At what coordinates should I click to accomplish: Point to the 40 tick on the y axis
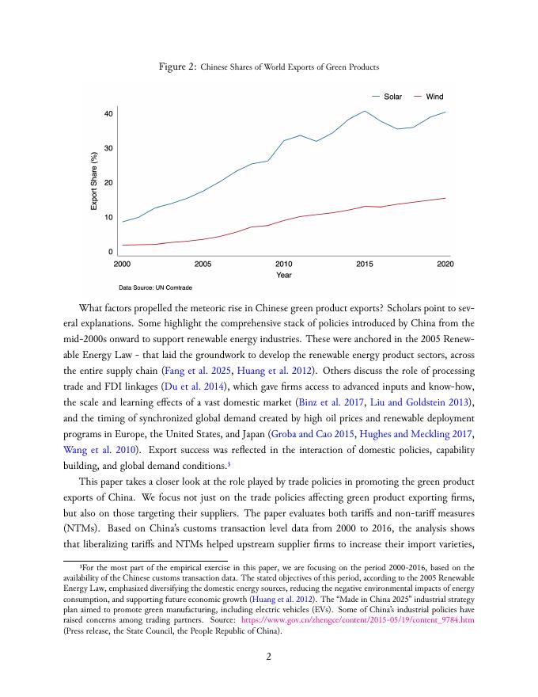pos(108,114)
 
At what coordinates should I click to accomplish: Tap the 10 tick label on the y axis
pos(108,217)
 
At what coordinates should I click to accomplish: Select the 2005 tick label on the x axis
pos(203,263)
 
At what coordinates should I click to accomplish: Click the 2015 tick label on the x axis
pos(365,263)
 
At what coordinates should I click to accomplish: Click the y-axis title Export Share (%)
pos(94,181)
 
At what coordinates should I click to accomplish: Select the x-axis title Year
pos(284,275)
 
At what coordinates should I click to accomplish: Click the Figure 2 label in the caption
pos(178,67)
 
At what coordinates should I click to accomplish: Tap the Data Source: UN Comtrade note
pos(156,288)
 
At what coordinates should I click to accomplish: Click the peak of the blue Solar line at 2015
pos(365,111)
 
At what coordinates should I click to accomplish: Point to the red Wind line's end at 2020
pos(445,198)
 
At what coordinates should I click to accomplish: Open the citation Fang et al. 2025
pos(190,371)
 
